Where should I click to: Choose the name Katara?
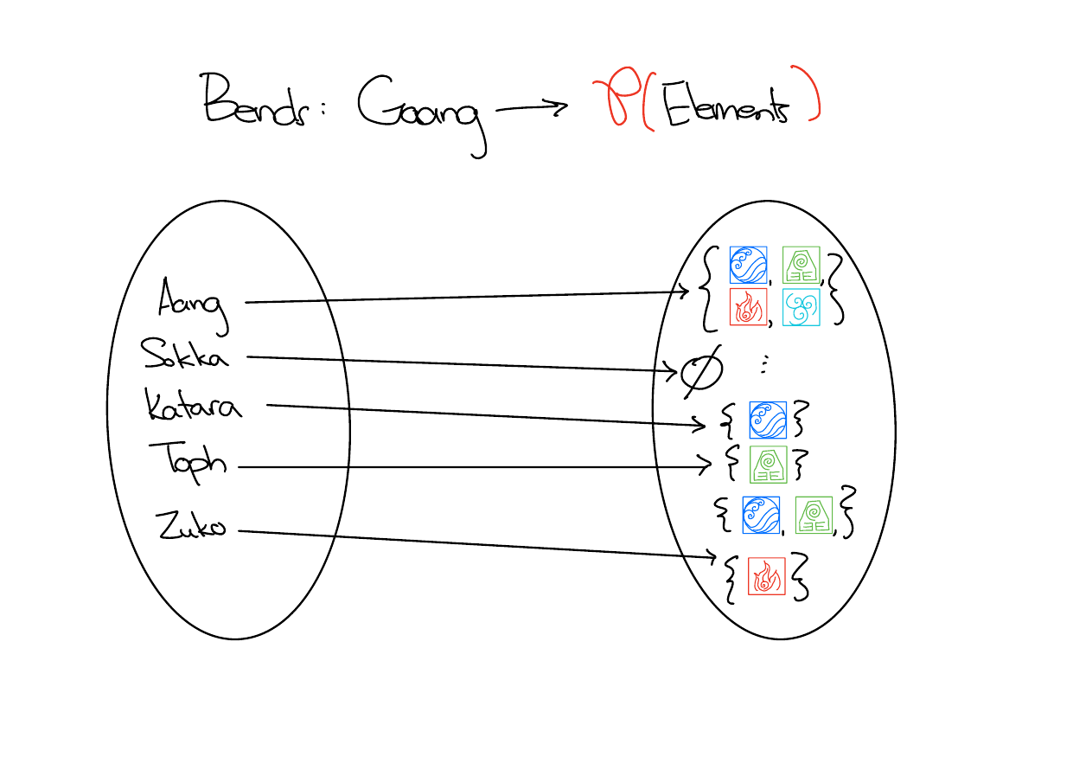[x=194, y=404]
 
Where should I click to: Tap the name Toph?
[x=188, y=458]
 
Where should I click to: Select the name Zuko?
[x=190, y=525]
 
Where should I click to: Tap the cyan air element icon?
[x=801, y=307]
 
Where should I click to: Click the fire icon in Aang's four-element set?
[x=748, y=307]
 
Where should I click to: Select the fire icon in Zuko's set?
[x=766, y=575]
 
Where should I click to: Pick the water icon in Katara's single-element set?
[x=768, y=420]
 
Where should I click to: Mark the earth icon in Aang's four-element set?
[x=801, y=265]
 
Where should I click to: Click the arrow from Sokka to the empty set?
[x=458, y=363]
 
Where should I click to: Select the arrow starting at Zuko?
[x=476, y=543]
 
